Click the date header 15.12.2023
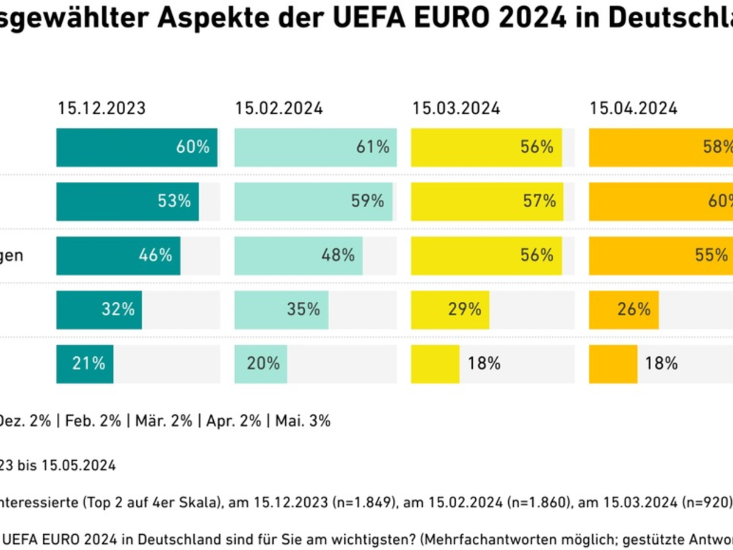pos(102,109)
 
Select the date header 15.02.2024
pos(279,109)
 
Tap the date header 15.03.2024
pos(456,109)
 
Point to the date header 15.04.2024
pos(633,109)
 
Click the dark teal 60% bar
pos(137,147)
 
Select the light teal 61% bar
pos(315,147)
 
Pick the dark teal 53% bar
pos(127,201)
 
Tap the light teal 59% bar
pos(313,201)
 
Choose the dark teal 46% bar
pos(118,255)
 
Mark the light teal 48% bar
pos(298,255)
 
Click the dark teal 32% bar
pos(99,309)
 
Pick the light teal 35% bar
pos(281,309)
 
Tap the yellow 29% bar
pos(450,309)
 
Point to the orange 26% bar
pos(624,309)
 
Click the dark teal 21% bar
pos(84,364)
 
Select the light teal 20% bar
pos(260,364)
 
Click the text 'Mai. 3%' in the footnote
pos(303,421)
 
